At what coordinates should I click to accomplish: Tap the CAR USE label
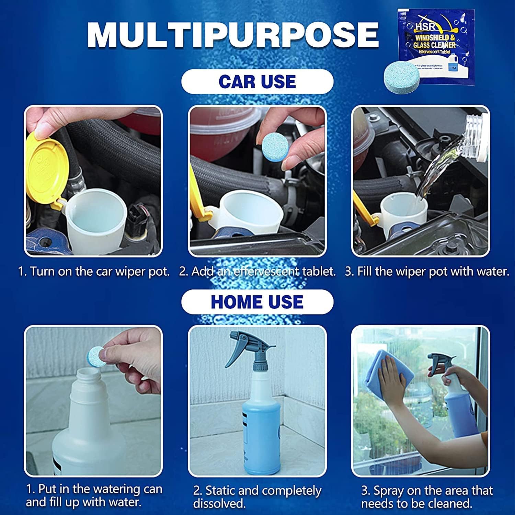257,82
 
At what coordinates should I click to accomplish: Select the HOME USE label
257,302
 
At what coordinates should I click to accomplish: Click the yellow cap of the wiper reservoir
45,172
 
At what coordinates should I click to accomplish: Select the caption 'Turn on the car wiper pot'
94,272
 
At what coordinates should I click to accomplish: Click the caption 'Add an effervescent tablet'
257,272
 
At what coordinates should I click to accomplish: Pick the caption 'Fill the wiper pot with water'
427,272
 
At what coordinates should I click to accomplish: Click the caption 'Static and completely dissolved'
257,497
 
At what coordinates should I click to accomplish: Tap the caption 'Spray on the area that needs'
427,497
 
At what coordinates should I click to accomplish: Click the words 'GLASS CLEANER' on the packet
434,45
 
